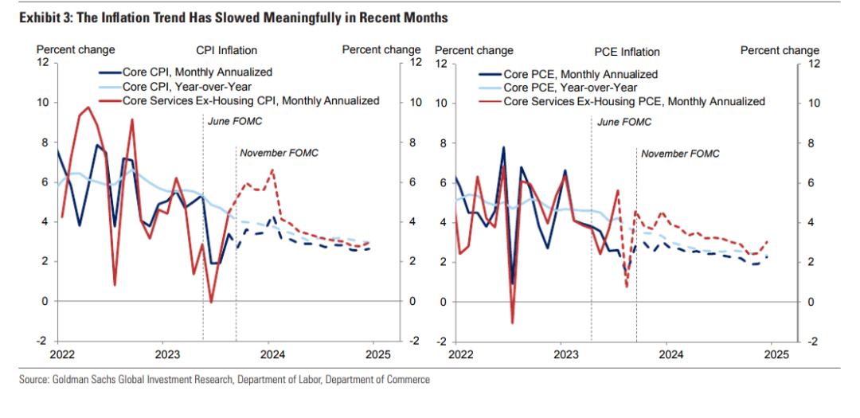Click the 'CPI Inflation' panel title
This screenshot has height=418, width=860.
tap(227, 50)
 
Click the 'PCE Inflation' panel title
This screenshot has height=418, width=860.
tap(627, 52)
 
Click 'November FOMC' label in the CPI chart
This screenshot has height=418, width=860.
tap(279, 152)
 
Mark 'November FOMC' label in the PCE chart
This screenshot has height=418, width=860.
tap(680, 152)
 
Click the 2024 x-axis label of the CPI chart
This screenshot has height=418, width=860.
tap(272, 354)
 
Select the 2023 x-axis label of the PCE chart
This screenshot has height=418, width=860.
tap(566, 354)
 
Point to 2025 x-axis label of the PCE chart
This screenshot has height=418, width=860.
tap(776, 354)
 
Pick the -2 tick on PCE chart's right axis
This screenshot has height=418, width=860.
tap(812, 341)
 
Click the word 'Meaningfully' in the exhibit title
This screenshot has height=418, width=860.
tap(252, 17)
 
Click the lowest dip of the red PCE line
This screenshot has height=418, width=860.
tap(512, 322)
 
